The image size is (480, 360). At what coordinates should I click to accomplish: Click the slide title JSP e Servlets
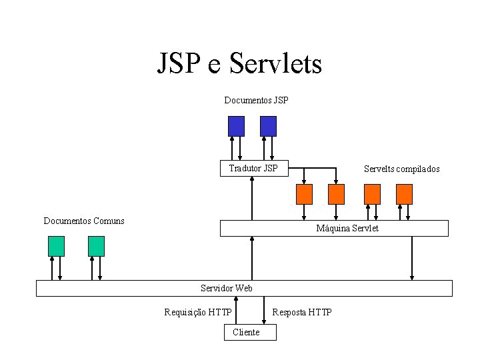239,64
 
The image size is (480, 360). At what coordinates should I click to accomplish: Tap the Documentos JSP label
256,100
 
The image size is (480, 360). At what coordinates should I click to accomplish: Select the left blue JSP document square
236,126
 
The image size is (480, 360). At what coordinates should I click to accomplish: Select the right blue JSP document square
268,126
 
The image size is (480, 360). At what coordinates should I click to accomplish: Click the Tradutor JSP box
253,168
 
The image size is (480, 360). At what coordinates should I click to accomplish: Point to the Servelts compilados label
401,169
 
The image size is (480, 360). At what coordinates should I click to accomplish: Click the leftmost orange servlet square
304,194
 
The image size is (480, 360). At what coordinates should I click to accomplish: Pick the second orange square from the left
337,194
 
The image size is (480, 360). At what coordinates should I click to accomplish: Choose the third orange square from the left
372,194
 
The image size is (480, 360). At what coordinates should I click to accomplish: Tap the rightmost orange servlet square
404,194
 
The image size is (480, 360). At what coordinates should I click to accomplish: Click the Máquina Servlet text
347,229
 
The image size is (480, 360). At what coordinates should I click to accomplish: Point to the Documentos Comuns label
84,221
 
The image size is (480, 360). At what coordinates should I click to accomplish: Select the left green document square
57,246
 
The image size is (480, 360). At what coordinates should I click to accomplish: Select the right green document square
97,246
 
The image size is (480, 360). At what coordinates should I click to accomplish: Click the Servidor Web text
227,288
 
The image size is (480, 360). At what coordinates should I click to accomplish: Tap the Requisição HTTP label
198,312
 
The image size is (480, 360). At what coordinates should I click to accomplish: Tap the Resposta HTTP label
302,312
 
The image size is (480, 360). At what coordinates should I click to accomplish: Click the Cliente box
246,332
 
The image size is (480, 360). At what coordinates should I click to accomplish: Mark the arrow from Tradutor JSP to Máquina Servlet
253,198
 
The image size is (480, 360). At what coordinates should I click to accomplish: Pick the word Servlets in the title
275,64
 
